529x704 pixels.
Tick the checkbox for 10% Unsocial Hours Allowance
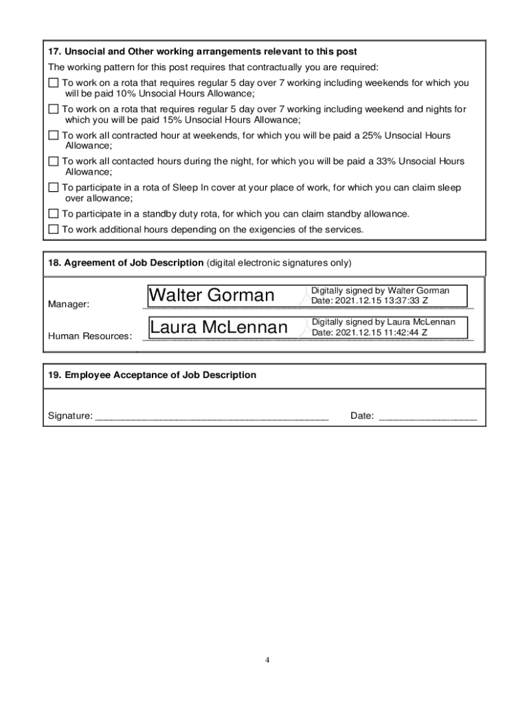click(54, 83)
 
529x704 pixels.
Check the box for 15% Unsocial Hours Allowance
click(54, 109)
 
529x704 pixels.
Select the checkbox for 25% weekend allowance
click(54, 135)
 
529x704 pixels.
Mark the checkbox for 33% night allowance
click(54, 162)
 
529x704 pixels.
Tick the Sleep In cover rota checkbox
click(54, 188)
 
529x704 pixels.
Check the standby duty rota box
click(54, 214)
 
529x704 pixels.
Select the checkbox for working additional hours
click(54, 229)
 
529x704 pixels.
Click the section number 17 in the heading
click(54, 52)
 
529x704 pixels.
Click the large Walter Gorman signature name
click(212, 296)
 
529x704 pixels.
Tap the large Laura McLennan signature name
click(218, 328)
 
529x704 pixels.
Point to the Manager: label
click(68, 304)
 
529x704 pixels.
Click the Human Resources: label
click(89, 336)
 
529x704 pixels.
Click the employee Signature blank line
click(212, 417)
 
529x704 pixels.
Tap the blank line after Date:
click(427, 417)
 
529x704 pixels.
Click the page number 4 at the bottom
click(268, 660)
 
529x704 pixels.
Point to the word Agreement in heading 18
click(89, 263)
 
